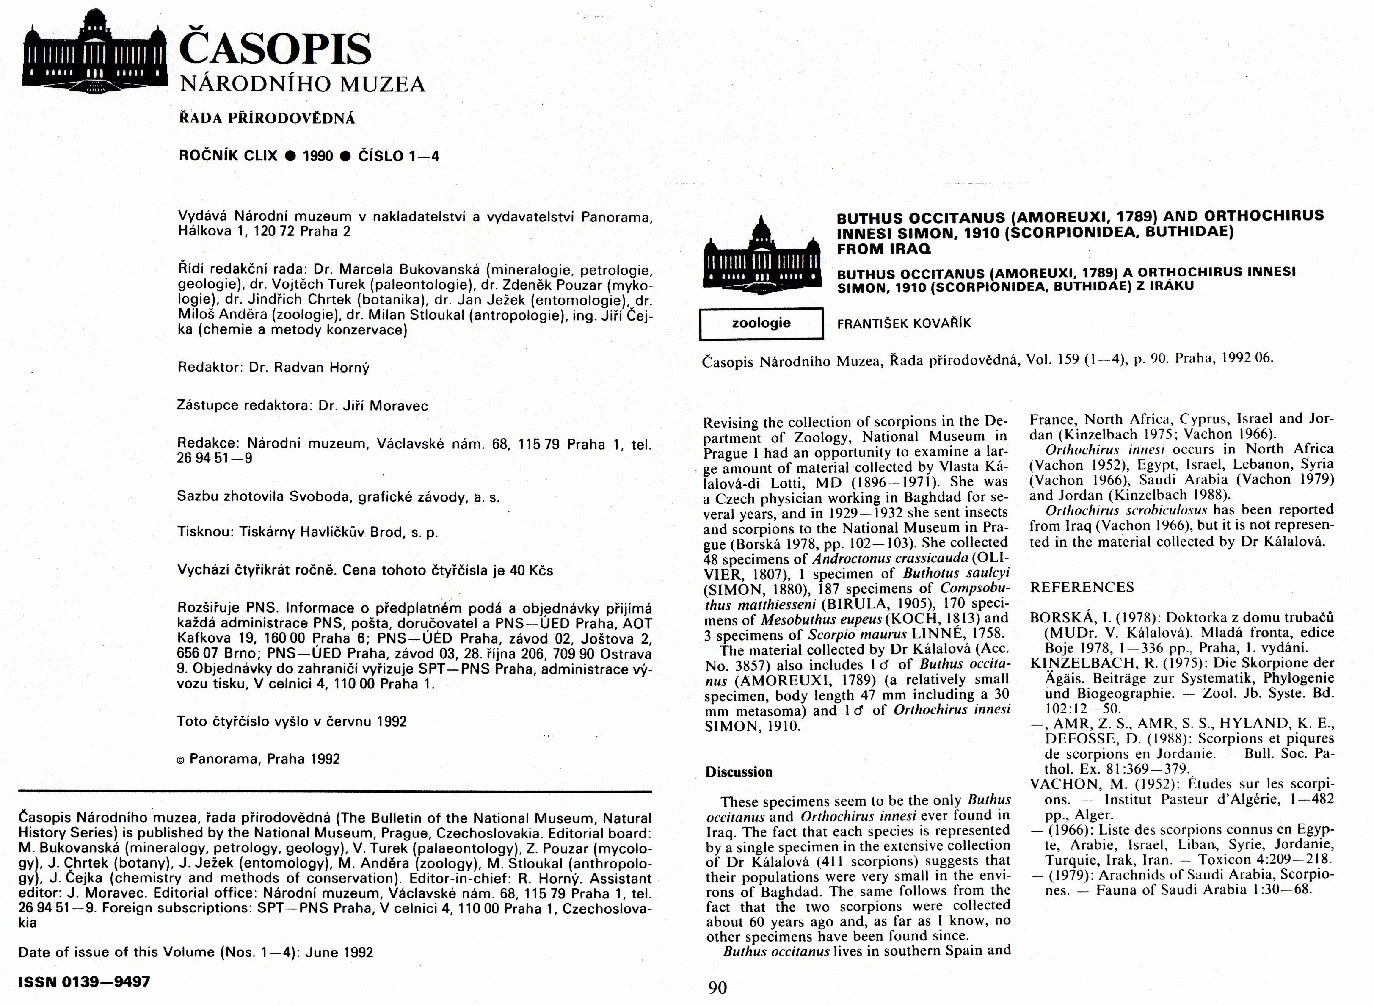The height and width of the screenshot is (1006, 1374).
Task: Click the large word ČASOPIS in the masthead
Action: point(275,49)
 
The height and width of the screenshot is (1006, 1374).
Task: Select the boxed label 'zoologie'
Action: point(761,323)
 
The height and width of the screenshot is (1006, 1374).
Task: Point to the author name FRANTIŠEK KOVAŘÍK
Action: point(904,324)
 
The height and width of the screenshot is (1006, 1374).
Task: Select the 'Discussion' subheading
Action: point(739,772)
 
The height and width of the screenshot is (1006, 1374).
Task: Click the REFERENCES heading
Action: point(1082,588)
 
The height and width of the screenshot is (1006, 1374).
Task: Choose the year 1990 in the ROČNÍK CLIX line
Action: point(318,157)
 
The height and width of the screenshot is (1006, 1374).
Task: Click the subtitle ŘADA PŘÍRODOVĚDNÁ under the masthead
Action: point(267,119)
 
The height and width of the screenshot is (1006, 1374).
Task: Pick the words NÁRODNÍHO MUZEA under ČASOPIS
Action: point(303,84)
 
